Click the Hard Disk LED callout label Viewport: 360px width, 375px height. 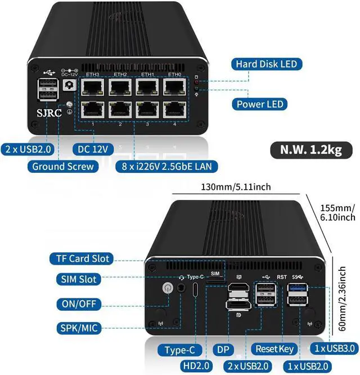(x=266, y=64)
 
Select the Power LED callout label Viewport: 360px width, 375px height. (x=261, y=104)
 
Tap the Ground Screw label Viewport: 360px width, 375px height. (x=63, y=166)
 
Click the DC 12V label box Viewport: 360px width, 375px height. (x=93, y=149)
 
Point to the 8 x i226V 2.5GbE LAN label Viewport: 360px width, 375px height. (x=166, y=166)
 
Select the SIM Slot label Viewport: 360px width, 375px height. (x=79, y=279)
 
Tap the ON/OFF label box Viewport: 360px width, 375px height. (x=79, y=304)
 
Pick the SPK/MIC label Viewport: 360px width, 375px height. (x=79, y=328)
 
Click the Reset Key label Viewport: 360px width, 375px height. (x=275, y=350)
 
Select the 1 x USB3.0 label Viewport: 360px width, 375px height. (x=334, y=350)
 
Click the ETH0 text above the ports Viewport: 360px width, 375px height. (x=174, y=74)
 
